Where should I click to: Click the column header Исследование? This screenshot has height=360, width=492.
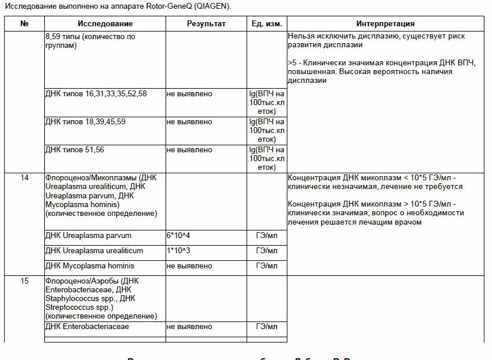pos(105,24)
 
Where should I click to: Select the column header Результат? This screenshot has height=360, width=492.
pos(206,24)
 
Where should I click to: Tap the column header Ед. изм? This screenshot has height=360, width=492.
pos(266,24)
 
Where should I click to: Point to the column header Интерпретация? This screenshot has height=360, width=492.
pos(385,24)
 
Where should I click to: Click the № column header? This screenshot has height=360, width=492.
pos(24,24)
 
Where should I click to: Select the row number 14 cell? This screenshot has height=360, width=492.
pos(24,178)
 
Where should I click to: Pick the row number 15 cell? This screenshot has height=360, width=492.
pos(24,281)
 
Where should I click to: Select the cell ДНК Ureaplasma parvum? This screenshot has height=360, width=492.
pos(88,236)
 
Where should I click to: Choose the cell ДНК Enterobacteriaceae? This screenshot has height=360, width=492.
pos(87,327)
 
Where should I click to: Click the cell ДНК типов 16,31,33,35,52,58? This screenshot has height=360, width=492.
pos(96,94)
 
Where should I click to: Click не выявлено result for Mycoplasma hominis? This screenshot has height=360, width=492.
pos(189,265)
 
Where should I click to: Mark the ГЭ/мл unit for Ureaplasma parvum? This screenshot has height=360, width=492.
pos(266,236)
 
